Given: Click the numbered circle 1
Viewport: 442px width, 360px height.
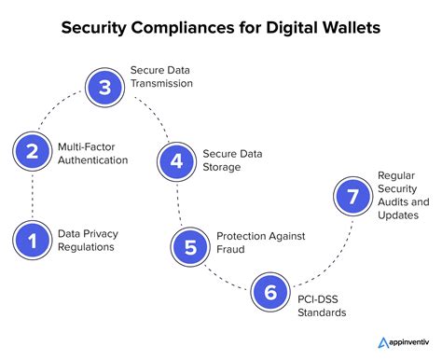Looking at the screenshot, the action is [32, 241].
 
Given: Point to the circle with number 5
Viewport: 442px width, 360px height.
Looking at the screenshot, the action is [189, 246].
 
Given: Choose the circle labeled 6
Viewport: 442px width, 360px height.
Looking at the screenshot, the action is [270, 292].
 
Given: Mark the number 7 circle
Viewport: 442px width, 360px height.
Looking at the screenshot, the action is [352, 198].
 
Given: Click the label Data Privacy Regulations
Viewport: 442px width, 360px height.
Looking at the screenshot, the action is [90, 241].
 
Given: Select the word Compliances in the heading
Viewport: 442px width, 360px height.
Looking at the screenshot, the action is [189, 27].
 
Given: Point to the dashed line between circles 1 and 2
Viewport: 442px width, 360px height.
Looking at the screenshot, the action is [32, 196].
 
